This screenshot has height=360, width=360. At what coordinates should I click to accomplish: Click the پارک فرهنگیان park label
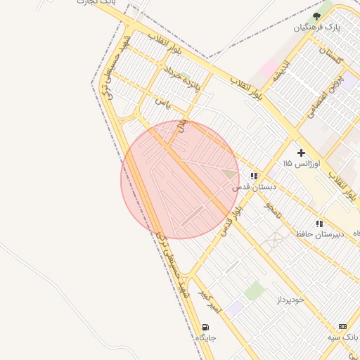(x=316, y=27)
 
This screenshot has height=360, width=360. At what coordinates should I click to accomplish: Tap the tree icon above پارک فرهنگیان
(x=316, y=15)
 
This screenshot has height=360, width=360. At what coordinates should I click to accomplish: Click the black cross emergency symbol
(x=301, y=152)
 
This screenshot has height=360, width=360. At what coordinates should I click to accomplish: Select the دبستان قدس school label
(x=253, y=188)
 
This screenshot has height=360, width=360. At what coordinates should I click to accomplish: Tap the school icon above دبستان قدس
(x=253, y=176)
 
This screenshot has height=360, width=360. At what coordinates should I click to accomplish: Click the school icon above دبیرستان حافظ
(x=319, y=223)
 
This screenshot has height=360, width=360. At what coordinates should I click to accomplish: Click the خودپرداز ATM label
(x=289, y=300)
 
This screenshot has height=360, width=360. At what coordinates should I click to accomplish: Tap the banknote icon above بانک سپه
(x=342, y=326)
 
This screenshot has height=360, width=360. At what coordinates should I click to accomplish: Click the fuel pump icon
(x=205, y=327)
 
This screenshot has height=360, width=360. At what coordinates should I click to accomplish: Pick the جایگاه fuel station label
(x=205, y=338)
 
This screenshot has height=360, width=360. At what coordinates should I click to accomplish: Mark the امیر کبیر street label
(x=210, y=301)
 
